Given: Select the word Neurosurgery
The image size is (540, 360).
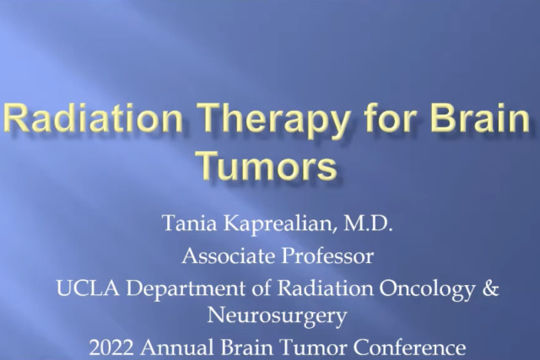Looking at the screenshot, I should pyautogui.click(x=270, y=315).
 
